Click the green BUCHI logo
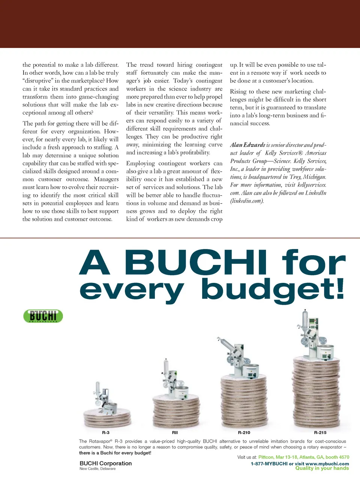[x=43, y=316]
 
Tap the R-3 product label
[x=106, y=433]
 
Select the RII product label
[x=175, y=433]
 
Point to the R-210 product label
[x=244, y=433]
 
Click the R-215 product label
[x=320, y=433]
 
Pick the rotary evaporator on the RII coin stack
[x=173, y=379]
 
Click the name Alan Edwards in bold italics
[x=247, y=145]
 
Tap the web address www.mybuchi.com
[x=327, y=464]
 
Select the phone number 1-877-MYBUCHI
[x=269, y=464]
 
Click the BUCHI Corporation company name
[x=106, y=463]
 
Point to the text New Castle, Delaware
[x=97, y=469]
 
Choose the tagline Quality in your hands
[x=322, y=468]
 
